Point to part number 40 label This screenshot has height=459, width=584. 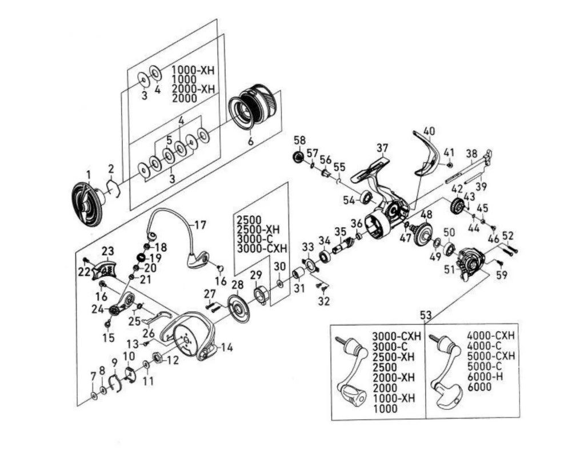tap(429, 131)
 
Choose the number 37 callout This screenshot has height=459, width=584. tap(382, 148)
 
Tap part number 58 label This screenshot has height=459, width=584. tap(299, 140)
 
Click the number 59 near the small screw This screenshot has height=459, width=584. tap(501, 274)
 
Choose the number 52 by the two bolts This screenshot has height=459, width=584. tap(508, 235)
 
